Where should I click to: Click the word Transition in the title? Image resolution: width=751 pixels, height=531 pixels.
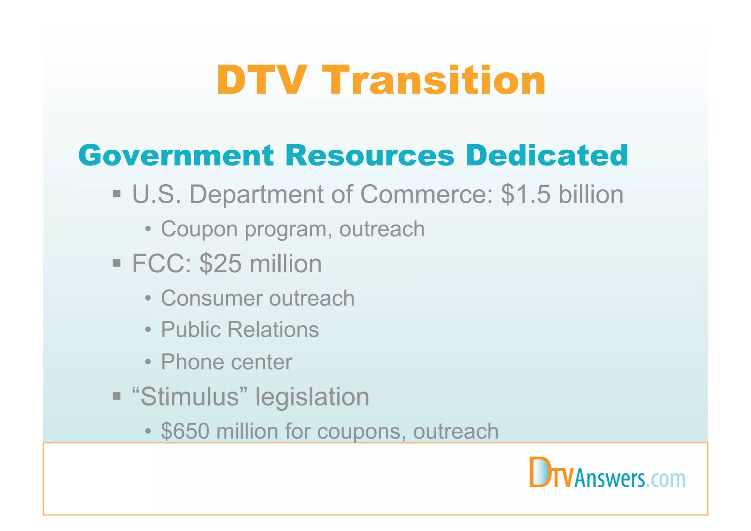pyautogui.click(x=435, y=81)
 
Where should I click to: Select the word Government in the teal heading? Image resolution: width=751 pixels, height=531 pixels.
pyautogui.click(x=176, y=156)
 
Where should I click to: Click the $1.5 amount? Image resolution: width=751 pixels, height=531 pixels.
pyautogui.click(x=526, y=194)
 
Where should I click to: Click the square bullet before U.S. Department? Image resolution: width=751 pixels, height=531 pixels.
pyautogui.click(x=117, y=193)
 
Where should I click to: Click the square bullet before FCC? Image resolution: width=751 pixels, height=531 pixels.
pyautogui.click(x=117, y=263)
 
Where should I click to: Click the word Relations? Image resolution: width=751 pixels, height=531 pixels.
pyautogui.click(x=273, y=330)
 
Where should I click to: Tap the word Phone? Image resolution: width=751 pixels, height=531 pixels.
pyautogui.click(x=192, y=362)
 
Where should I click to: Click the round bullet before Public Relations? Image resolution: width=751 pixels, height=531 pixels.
pyautogui.click(x=148, y=330)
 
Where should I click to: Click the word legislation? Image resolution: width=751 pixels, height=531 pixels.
pyautogui.click(x=312, y=397)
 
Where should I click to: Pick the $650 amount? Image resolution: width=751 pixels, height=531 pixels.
pyautogui.click(x=185, y=431)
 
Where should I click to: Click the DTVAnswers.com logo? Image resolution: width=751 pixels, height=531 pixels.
pyautogui.click(x=607, y=473)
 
